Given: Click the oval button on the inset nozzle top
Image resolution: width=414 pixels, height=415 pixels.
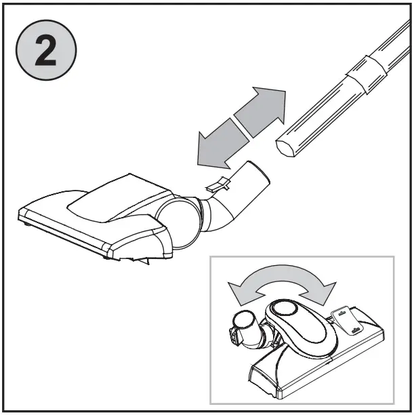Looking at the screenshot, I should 283,309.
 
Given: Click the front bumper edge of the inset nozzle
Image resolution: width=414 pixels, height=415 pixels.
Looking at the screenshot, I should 271,380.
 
